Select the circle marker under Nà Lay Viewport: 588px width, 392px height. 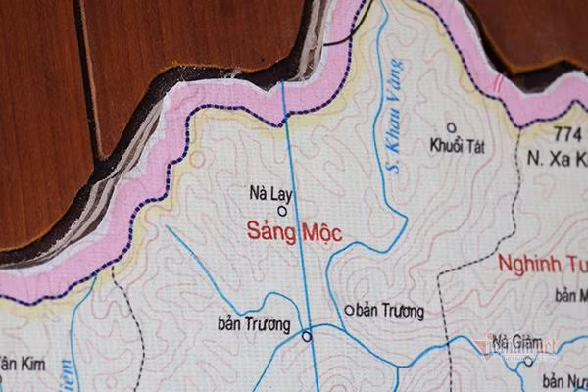click(x=282, y=209)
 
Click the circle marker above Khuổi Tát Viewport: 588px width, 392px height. click(x=452, y=126)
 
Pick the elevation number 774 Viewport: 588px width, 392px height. click(x=567, y=132)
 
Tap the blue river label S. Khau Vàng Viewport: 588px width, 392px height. click(x=395, y=116)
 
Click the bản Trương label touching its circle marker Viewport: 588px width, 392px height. click(x=254, y=324)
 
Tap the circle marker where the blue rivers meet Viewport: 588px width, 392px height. click(x=307, y=336)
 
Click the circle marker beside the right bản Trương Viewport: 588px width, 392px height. click(x=348, y=311)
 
